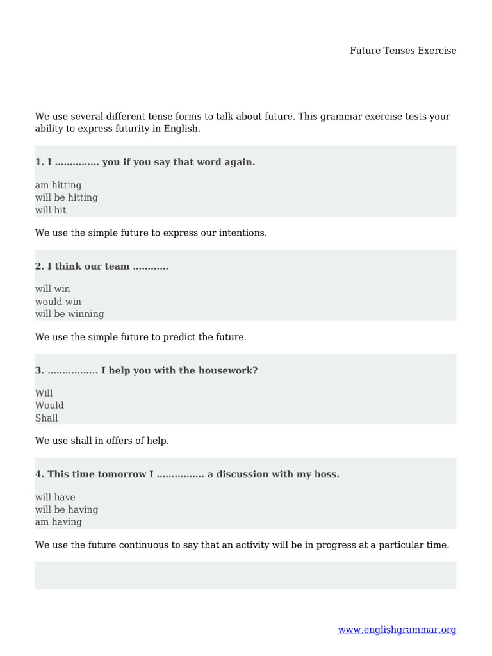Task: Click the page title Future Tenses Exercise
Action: pyautogui.click(x=403, y=51)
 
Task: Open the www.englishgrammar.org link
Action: pyautogui.click(x=397, y=630)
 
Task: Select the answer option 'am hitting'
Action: pyautogui.click(x=58, y=185)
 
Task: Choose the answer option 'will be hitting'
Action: pyautogui.click(x=67, y=197)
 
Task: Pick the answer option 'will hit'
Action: pyautogui.click(x=51, y=210)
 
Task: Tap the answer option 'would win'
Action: pyautogui.click(x=58, y=302)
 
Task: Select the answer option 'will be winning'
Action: pyautogui.click(x=69, y=314)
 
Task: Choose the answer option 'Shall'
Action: pyautogui.click(x=47, y=418)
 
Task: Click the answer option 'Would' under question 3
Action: pyautogui.click(x=49, y=406)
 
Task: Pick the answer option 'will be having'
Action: pyautogui.click(x=67, y=510)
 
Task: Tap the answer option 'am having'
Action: pyautogui.click(x=58, y=522)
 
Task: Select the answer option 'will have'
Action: pyautogui.click(x=55, y=497)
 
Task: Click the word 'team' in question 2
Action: pyautogui.click(x=117, y=266)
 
